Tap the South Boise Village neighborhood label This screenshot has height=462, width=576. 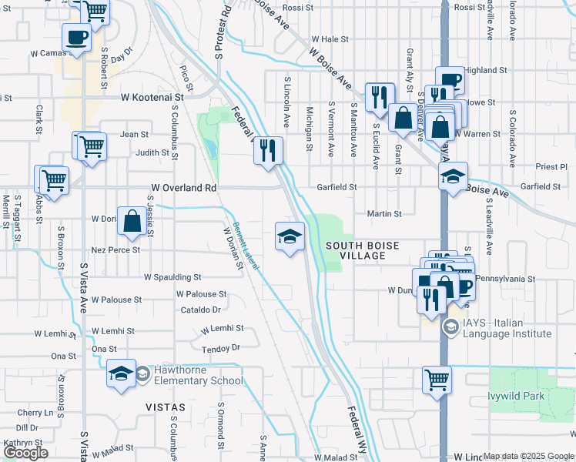(363, 250)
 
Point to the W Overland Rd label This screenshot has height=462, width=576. (184, 188)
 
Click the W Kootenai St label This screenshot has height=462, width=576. (153, 98)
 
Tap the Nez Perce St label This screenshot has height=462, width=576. (116, 250)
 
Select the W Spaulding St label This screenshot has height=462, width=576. (172, 277)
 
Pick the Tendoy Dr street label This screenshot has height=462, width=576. (221, 348)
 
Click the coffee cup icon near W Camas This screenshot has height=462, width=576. (77, 38)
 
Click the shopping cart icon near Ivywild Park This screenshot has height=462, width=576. (436, 379)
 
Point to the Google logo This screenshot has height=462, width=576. (25, 453)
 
